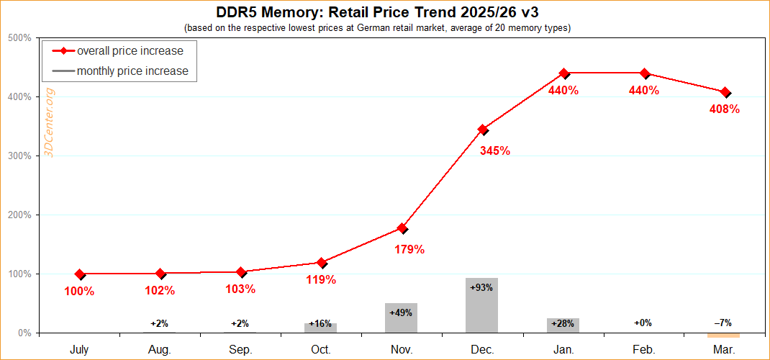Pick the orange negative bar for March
coord(724,335)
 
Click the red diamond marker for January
coord(564,73)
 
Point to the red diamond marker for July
coord(80,274)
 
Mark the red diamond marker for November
coord(402,228)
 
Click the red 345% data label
coord(494,151)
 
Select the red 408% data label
coord(724,109)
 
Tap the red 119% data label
coord(321,279)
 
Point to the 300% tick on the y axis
coord(19,156)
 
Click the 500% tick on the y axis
coord(19,38)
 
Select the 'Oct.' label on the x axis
coord(321,349)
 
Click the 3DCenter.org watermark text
coord(50,122)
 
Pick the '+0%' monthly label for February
coord(643,323)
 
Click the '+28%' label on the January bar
coord(563,324)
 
